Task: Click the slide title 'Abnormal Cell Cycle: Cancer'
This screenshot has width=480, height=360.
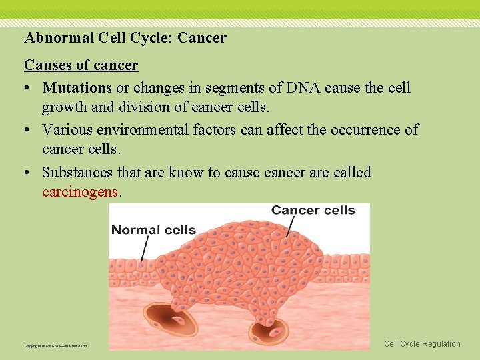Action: point(125,38)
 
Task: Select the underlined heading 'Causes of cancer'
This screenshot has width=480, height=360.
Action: point(81,65)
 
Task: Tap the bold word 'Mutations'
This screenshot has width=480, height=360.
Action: point(77,88)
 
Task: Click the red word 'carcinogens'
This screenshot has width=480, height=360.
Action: point(80,193)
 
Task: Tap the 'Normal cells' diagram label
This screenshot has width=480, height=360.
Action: point(153,230)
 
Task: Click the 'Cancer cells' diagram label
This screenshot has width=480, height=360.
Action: point(313,210)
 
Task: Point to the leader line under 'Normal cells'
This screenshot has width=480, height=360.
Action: point(143,249)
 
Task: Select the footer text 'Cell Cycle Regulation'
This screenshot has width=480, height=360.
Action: point(422,344)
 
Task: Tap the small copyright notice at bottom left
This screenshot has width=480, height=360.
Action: point(56,346)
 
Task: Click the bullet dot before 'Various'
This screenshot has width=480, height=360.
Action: point(29,130)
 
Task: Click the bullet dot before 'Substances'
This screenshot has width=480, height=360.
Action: point(29,173)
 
